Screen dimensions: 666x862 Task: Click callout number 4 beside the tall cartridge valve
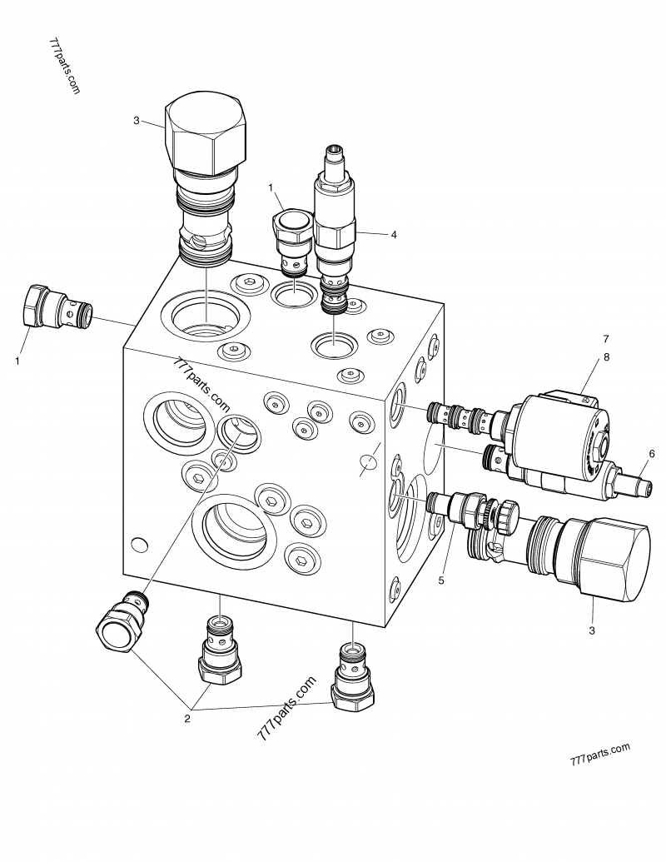pyautogui.click(x=394, y=235)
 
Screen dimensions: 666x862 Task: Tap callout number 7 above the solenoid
pyautogui.click(x=606, y=339)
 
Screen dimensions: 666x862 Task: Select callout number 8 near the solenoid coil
pyautogui.click(x=606, y=356)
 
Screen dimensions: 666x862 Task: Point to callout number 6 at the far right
pyautogui.click(x=652, y=454)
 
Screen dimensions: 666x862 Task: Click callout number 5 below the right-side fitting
pyautogui.click(x=441, y=580)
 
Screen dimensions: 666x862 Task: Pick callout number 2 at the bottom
pyautogui.click(x=187, y=719)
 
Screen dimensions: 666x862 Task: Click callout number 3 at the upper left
pyautogui.click(x=137, y=121)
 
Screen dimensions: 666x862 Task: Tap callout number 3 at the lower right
pyautogui.click(x=592, y=630)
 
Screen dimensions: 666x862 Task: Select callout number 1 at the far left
pyautogui.click(x=17, y=361)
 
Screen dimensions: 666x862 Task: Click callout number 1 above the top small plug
pyautogui.click(x=271, y=188)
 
